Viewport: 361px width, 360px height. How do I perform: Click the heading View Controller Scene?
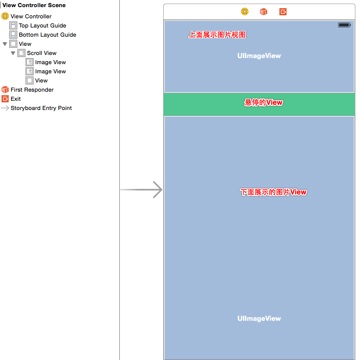34,5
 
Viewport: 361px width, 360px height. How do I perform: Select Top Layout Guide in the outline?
42,25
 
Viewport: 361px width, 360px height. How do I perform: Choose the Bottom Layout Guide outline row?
47,35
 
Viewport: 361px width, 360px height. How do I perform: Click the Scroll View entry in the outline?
41,53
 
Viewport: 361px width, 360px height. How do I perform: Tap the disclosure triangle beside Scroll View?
13,53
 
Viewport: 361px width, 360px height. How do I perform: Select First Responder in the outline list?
32,90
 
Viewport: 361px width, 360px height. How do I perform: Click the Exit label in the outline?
16,99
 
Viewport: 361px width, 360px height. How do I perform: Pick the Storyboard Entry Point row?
41,108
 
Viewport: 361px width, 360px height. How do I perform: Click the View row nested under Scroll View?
41,80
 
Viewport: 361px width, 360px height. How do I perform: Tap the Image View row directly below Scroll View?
50,62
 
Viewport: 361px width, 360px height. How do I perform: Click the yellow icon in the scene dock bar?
245,12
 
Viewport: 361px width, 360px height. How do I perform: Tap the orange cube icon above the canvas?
264,12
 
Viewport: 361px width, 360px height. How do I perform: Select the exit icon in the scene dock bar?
283,12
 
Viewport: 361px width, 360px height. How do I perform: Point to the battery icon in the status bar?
344,25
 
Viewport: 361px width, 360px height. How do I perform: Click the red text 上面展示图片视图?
217,35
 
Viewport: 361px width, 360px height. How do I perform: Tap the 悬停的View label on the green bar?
264,103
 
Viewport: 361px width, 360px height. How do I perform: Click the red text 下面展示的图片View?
274,192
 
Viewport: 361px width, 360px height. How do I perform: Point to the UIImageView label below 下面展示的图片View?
259,318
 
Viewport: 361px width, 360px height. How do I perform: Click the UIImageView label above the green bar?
259,56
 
